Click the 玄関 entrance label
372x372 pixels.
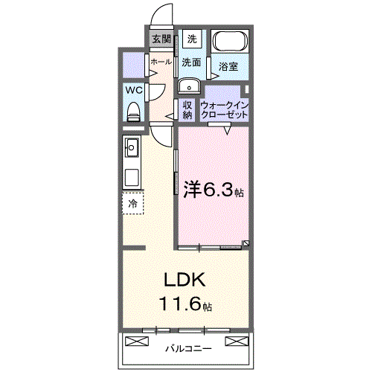tap(161, 39)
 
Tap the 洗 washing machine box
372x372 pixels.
tap(192, 39)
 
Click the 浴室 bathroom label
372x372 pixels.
tap(228, 67)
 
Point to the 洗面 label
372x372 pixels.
tap(192, 62)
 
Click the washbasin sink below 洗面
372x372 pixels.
tap(189, 84)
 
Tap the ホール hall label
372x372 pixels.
tap(161, 62)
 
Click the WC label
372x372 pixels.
tap(134, 89)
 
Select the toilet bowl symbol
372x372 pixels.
tap(134, 112)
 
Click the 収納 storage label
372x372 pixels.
tap(187, 109)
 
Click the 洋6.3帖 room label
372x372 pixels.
tap(213, 190)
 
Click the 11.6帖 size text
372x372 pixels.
tap(185, 304)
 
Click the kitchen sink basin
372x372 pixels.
tap(132, 147)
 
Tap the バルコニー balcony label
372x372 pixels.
tap(187, 347)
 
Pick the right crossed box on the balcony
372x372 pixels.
tap(236, 341)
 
